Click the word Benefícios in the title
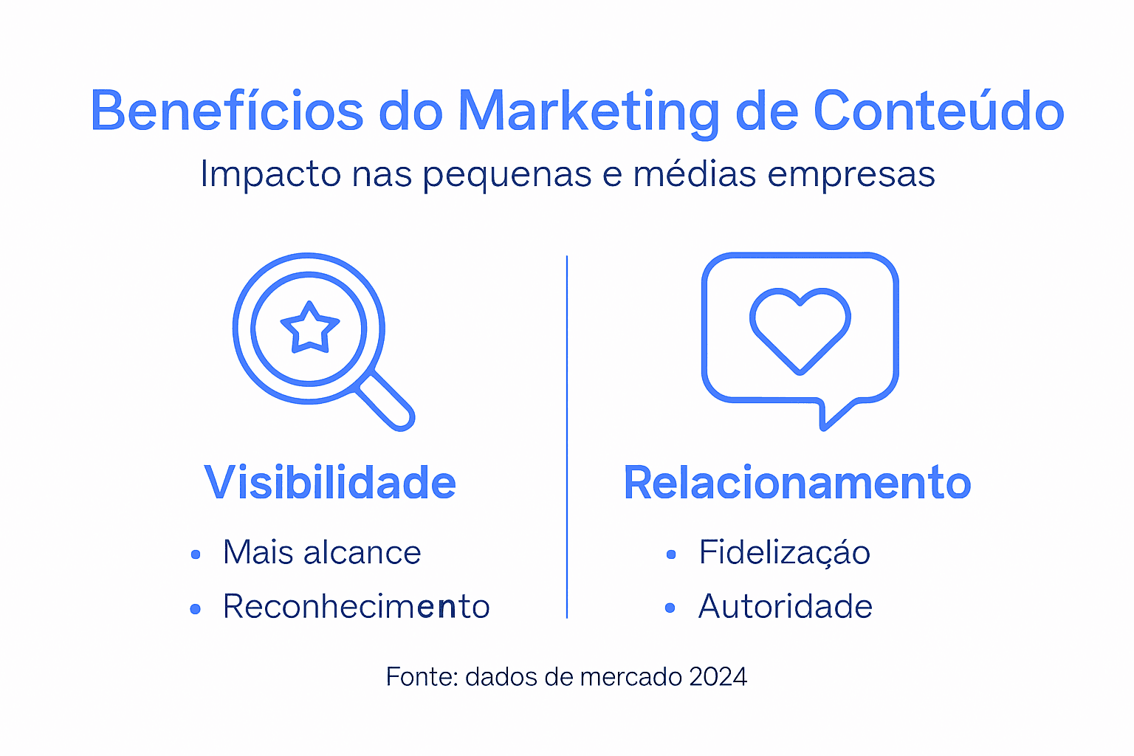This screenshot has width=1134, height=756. tap(227, 111)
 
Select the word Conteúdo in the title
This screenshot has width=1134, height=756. tap(938, 111)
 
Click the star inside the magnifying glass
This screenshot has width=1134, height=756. tap(309, 327)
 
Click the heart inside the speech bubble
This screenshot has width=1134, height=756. tap(800, 329)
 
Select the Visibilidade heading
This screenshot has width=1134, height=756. tap(330, 483)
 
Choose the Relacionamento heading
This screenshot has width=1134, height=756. tap(797, 483)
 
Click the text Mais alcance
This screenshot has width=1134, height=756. tap(322, 552)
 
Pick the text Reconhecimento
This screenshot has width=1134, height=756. tap(357, 607)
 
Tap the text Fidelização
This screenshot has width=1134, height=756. tap(785, 552)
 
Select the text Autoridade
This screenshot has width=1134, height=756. tap(786, 607)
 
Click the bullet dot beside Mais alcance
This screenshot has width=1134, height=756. tap(196, 554)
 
